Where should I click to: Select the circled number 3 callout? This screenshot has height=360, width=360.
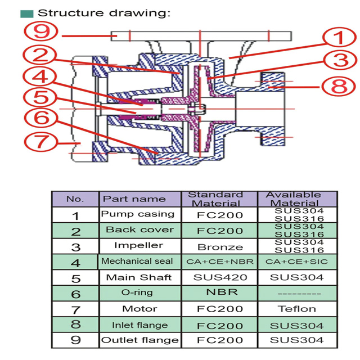[336, 61]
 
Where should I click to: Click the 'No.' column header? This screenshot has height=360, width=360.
[75, 199]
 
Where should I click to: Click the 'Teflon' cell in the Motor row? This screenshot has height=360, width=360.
[297, 308]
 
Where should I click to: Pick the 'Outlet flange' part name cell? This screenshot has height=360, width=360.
[140, 340]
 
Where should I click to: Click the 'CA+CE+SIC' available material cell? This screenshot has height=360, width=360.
[297, 262]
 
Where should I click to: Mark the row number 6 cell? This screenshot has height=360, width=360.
[76, 294]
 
